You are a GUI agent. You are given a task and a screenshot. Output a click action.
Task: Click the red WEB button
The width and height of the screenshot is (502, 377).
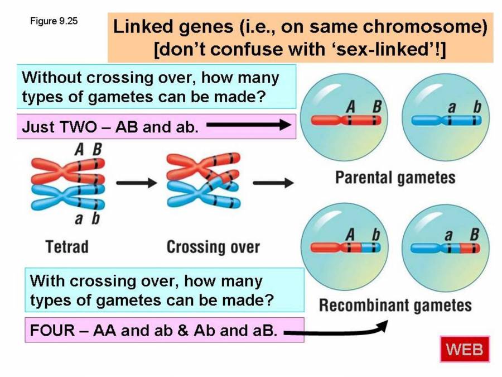click(464, 350)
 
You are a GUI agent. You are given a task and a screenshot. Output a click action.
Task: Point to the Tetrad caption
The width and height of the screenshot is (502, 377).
click(67, 246)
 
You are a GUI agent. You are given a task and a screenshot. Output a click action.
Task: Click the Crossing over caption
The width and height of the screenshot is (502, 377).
click(213, 246)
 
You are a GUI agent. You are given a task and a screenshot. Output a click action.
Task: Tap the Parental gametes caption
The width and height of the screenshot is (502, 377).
click(395, 178)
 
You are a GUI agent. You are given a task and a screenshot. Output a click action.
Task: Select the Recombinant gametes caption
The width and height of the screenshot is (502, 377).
click(395, 306)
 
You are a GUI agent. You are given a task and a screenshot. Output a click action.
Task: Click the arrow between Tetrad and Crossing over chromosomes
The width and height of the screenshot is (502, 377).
click(136, 183)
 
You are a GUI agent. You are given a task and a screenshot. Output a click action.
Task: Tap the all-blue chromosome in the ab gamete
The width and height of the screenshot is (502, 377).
click(446, 120)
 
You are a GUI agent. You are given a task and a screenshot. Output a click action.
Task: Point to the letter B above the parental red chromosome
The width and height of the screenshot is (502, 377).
click(377, 106)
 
